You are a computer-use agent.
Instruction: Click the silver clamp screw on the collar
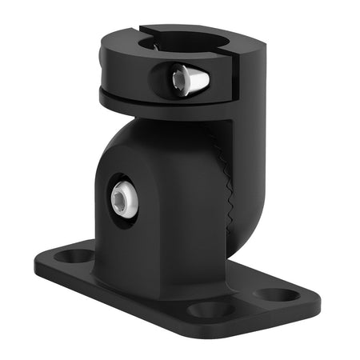(190, 78)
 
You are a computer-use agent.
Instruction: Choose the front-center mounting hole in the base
(210, 308)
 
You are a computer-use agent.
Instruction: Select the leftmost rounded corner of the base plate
(38, 264)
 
